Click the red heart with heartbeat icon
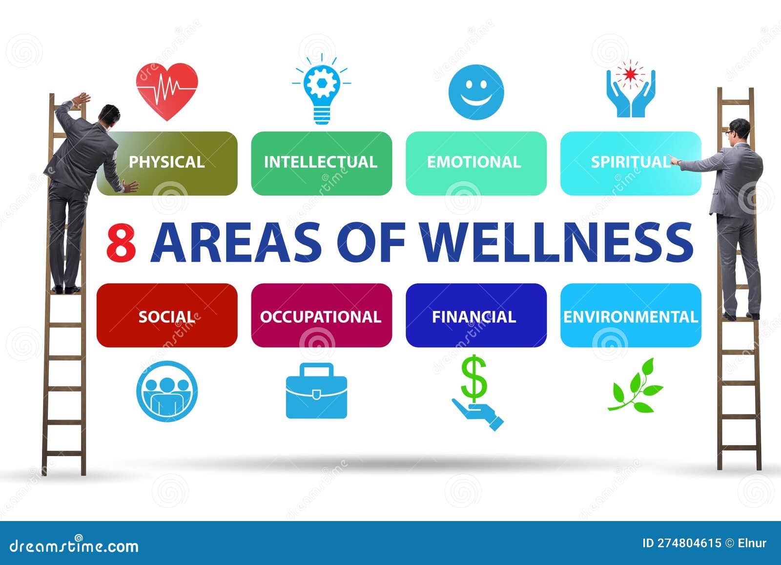(167, 91)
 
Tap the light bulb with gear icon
(321, 90)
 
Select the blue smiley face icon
(475, 92)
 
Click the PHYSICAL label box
(167, 163)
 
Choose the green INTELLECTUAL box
(321, 163)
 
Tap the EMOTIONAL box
(475, 163)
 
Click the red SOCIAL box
(167, 316)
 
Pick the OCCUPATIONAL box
(321, 316)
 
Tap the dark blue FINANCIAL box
(475, 316)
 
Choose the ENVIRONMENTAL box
(631, 316)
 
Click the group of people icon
(167, 391)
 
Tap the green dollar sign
(473, 377)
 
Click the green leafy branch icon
(635, 386)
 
